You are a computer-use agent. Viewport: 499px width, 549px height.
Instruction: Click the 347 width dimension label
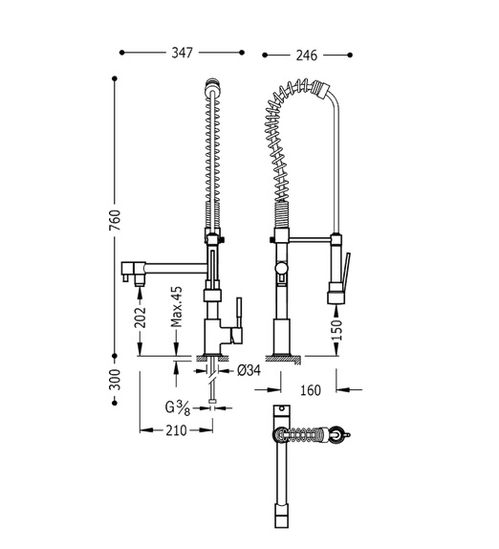[182, 53]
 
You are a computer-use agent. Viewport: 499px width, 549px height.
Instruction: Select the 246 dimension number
[307, 55]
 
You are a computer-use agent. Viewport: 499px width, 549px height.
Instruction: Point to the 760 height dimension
[115, 220]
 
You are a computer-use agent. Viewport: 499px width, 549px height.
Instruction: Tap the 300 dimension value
[115, 379]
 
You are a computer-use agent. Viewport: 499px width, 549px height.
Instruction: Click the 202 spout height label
[140, 318]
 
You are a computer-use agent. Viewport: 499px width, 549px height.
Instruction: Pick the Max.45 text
[177, 306]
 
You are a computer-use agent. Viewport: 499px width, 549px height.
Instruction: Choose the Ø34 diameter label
[249, 370]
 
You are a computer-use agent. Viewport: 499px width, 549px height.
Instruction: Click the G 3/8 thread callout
[178, 407]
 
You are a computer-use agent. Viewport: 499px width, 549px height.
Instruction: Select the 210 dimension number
[176, 430]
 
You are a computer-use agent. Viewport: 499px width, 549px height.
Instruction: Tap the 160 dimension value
[311, 389]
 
